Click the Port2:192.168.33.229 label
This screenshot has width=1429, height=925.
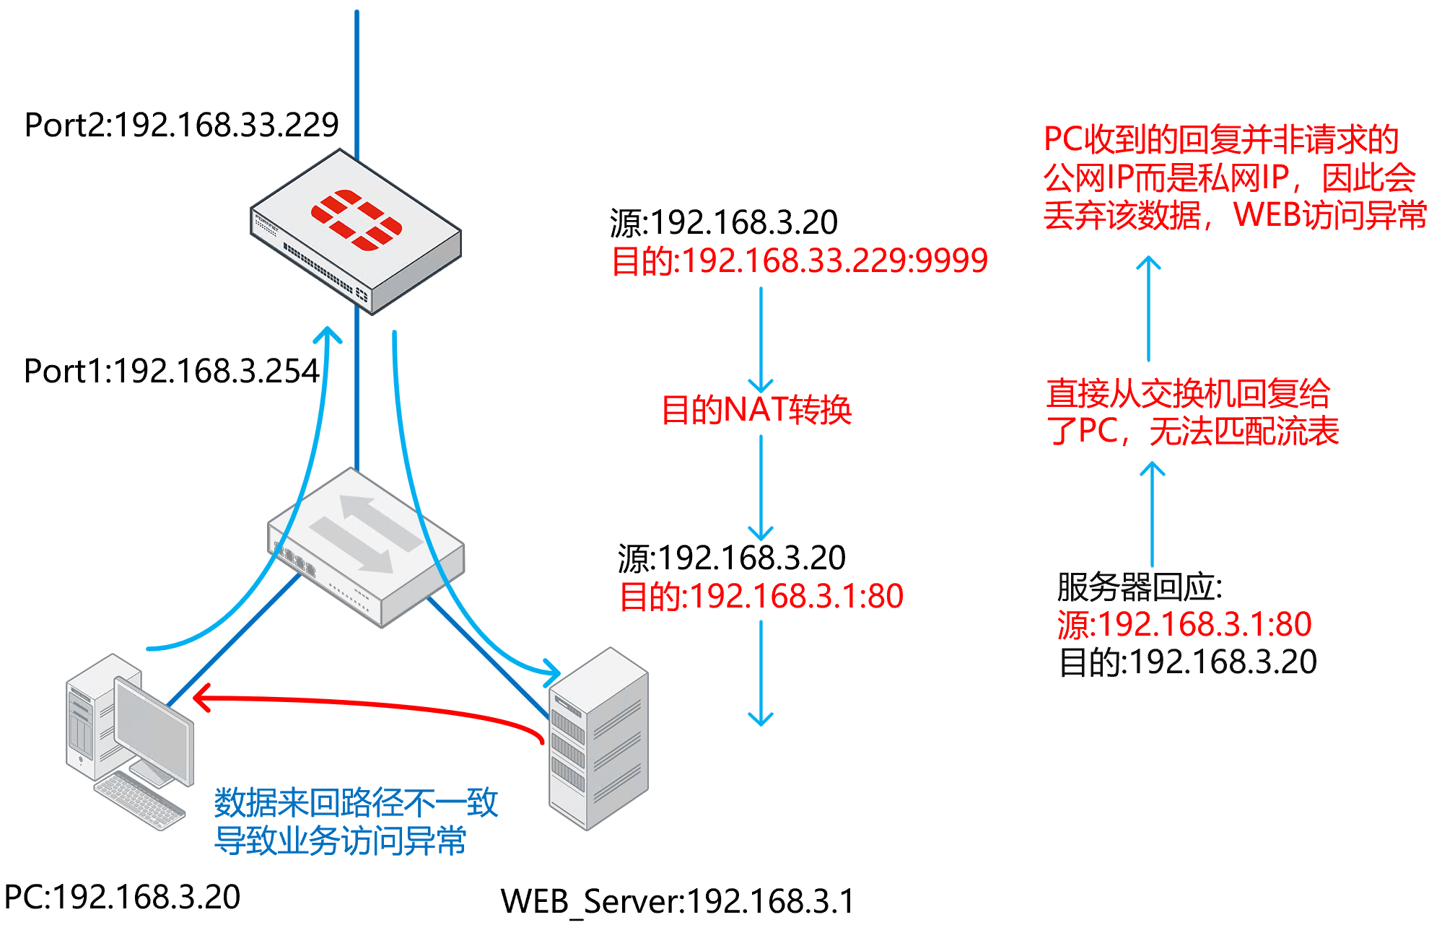(181, 125)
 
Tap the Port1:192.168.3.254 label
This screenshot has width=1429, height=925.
(171, 371)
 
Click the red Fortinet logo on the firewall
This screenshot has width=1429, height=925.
(356, 219)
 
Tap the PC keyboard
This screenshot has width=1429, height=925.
(139, 800)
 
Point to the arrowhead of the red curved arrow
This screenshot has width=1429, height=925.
(201, 698)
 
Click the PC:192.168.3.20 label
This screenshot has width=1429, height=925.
(122, 897)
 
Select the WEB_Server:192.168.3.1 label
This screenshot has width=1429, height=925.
(677, 901)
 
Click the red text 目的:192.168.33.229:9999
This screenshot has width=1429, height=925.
(799, 260)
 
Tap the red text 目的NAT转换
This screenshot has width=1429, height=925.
(756, 410)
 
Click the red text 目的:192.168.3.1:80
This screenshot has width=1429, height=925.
(761, 597)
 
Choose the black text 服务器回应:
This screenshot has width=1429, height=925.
(1139, 587)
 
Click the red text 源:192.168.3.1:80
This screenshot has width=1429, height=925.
(1184, 624)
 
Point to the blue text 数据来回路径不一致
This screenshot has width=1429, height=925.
(356, 802)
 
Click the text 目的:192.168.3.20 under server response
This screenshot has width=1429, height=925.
(1187, 662)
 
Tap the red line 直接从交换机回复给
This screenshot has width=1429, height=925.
(1188, 393)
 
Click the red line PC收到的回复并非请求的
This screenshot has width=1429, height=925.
(1221, 139)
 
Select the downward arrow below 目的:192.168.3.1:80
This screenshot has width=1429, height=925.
(761, 675)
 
